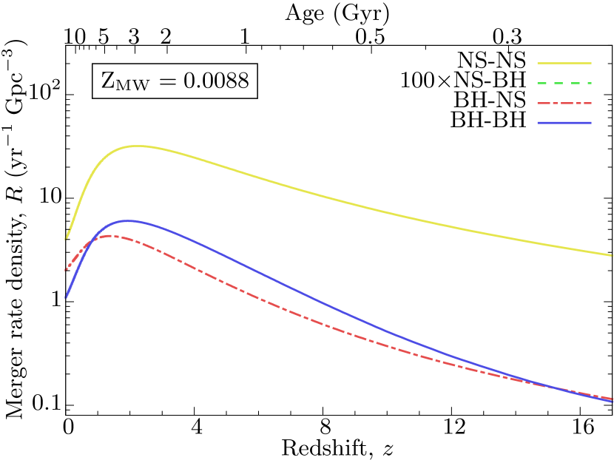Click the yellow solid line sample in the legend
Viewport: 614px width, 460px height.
564,63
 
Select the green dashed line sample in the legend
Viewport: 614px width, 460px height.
564,83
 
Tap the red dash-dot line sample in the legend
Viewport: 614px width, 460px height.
564,103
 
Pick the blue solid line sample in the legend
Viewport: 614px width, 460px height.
564,123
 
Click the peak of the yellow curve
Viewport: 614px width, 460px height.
137,146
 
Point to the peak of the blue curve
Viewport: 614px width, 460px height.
128,220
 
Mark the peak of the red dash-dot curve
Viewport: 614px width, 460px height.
109,236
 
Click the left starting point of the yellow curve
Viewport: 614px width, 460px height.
67,238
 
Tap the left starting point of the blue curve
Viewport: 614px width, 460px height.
66,297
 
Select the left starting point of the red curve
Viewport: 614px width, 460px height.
66,270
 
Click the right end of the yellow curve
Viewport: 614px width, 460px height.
613,255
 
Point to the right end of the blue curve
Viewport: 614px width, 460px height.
613,402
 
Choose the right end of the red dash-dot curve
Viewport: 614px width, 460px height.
613,399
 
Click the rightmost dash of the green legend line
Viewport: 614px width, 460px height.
587,83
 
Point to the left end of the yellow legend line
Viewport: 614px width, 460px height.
538,63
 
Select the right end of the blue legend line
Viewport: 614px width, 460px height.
591,123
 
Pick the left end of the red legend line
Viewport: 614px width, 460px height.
538,103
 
